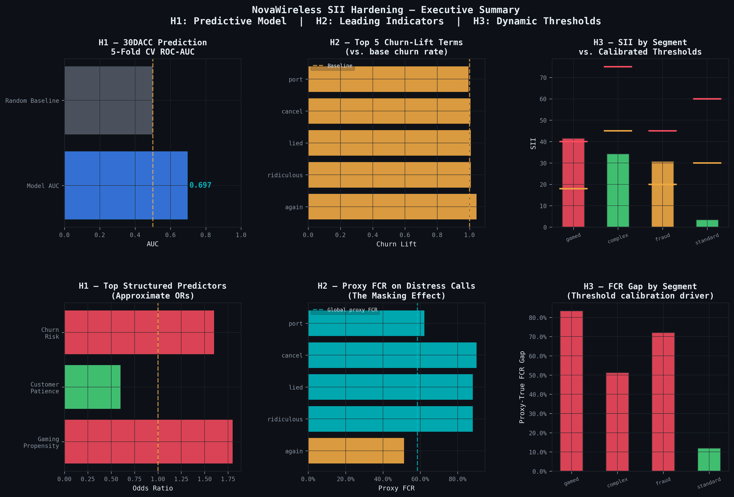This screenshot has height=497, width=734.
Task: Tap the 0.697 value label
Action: click(200, 185)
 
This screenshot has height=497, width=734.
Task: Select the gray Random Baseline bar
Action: click(108, 100)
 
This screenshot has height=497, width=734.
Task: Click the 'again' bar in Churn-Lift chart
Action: click(392, 206)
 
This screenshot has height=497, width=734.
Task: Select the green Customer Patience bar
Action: click(92, 387)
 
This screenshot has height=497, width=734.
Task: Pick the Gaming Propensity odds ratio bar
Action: click(148, 441)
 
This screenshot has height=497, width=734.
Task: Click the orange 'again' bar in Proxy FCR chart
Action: click(356, 451)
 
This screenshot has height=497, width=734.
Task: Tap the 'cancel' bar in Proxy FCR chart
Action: click(392, 355)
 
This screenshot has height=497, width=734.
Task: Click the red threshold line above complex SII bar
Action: click(618, 67)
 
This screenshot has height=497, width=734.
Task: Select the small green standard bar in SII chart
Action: click(707, 223)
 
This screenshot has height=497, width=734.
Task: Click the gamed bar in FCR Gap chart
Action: click(571, 391)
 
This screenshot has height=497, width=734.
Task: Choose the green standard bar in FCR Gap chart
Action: click(709, 459)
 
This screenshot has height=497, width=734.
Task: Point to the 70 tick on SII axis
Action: click(543, 78)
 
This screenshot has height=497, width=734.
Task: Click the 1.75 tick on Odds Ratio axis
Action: click(228, 479)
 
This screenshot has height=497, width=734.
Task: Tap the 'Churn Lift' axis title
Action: click(396, 244)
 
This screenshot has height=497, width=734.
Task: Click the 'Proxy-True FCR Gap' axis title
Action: click(522, 387)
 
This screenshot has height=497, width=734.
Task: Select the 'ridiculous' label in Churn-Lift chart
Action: click(285, 175)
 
